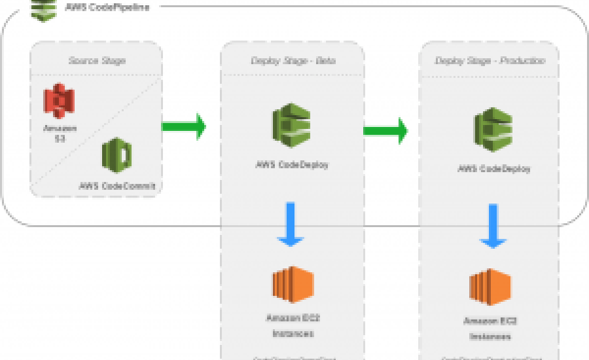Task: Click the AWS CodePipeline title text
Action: [x=111, y=7]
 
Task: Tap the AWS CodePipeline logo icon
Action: [x=44, y=9]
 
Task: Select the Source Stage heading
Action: [x=97, y=61]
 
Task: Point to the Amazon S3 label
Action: [x=60, y=134]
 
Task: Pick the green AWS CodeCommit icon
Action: [x=117, y=155]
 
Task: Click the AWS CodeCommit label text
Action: [x=117, y=187]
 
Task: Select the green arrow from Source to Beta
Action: [x=184, y=126]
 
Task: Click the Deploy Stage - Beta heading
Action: [x=293, y=61]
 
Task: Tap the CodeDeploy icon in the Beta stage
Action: [x=292, y=125]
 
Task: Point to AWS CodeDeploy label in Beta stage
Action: [x=292, y=164]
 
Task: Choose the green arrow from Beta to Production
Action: [x=385, y=130]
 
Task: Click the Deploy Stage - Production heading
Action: [x=489, y=61]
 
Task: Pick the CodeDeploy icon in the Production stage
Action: [x=493, y=130]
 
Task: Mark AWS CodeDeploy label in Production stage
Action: [x=494, y=169]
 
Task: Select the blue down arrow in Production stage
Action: [x=494, y=227]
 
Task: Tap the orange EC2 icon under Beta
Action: [x=293, y=285]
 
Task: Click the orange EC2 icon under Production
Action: [x=490, y=288]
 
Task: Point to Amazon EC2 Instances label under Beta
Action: [x=293, y=326]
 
